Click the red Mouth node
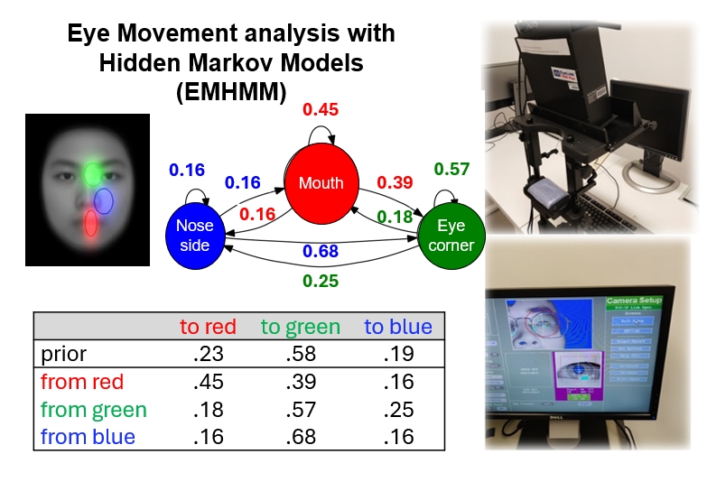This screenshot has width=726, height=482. point(321,183)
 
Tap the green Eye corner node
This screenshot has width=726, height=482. point(451,237)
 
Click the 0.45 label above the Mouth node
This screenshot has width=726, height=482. point(321,110)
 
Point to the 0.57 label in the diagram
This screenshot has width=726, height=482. point(451,169)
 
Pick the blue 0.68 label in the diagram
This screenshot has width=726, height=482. point(321,250)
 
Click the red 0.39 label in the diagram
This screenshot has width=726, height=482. point(395,182)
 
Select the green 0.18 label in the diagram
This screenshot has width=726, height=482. point(395,216)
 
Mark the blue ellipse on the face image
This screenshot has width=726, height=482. point(104,200)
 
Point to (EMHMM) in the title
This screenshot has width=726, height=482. point(232,94)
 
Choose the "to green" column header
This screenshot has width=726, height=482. point(301,327)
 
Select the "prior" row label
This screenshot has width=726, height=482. point(59,355)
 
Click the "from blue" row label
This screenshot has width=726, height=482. point(88,437)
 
